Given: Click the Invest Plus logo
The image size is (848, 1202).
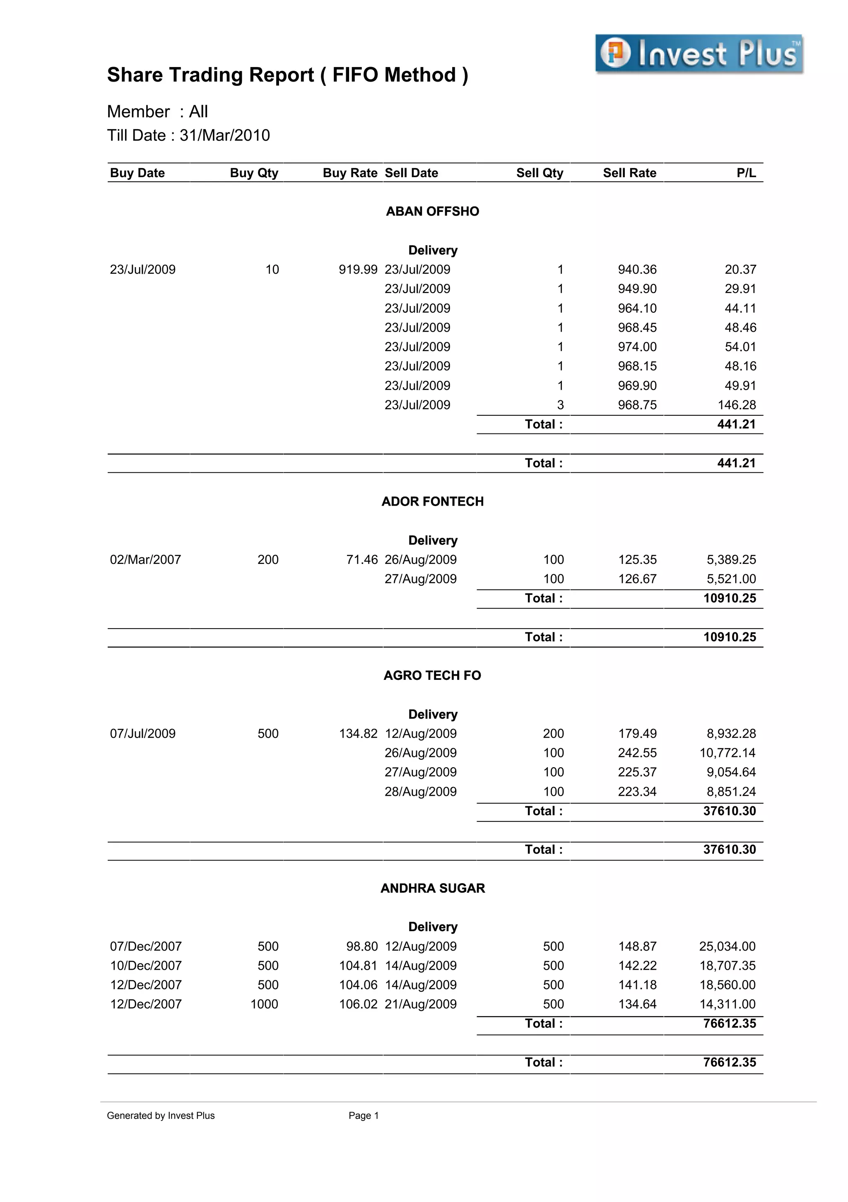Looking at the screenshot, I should tap(699, 54).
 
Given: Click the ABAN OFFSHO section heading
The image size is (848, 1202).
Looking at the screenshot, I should tap(432, 211).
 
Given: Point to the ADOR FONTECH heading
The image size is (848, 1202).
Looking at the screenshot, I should tap(432, 501).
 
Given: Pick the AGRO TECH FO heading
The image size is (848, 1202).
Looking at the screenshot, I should tap(432, 675).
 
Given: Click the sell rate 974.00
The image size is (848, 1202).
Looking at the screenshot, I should tap(637, 347).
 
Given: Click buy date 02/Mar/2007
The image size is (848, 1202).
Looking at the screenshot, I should tap(145, 560).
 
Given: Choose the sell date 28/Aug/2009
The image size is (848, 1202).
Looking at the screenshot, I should tap(420, 792).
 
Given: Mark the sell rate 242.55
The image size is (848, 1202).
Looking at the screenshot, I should tap(637, 753).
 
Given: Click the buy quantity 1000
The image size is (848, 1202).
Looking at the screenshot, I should tap(264, 1004).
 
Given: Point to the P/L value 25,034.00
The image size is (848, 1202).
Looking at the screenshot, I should tap(727, 946).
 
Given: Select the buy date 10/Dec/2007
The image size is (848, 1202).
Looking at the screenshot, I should tap(145, 966).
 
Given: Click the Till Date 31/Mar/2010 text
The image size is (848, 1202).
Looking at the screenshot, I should tap(188, 135).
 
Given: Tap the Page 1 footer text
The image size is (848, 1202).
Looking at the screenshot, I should tap(363, 1115).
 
